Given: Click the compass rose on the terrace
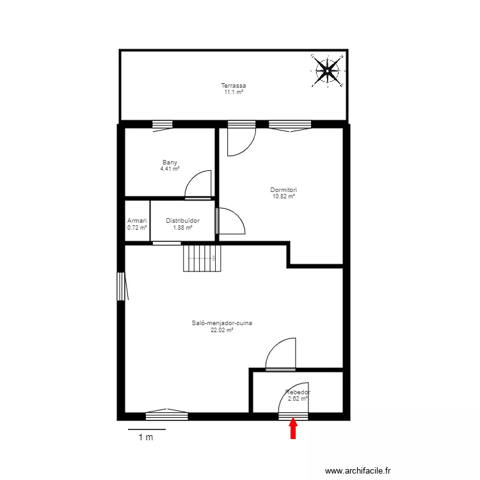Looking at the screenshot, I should tap(327, 70).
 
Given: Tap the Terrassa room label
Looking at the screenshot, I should tap(234, 86).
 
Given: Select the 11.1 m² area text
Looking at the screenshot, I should tap(234, 92).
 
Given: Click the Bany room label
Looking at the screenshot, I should tap(170, 163).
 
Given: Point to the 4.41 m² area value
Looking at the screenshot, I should tap(170, 169).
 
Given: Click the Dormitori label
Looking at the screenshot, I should tap(283, 190).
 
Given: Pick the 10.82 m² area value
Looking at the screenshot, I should tap(283, 196).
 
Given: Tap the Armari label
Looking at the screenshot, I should tap(137, 221).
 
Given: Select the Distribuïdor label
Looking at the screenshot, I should tap(182, 221).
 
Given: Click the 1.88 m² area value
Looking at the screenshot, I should tap(182, 227).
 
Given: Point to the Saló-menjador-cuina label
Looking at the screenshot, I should tap(221, 323).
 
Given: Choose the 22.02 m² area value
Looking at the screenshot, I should tap(221, 330).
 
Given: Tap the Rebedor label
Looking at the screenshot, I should tap(298, 392).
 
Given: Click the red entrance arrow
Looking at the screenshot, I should tap(293, 428).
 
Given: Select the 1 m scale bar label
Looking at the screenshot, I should tap(146, 438).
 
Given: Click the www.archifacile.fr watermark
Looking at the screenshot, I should tap(358, 470).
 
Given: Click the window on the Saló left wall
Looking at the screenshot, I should tap(120, 286).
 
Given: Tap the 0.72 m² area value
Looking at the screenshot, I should tap(137, 227).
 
